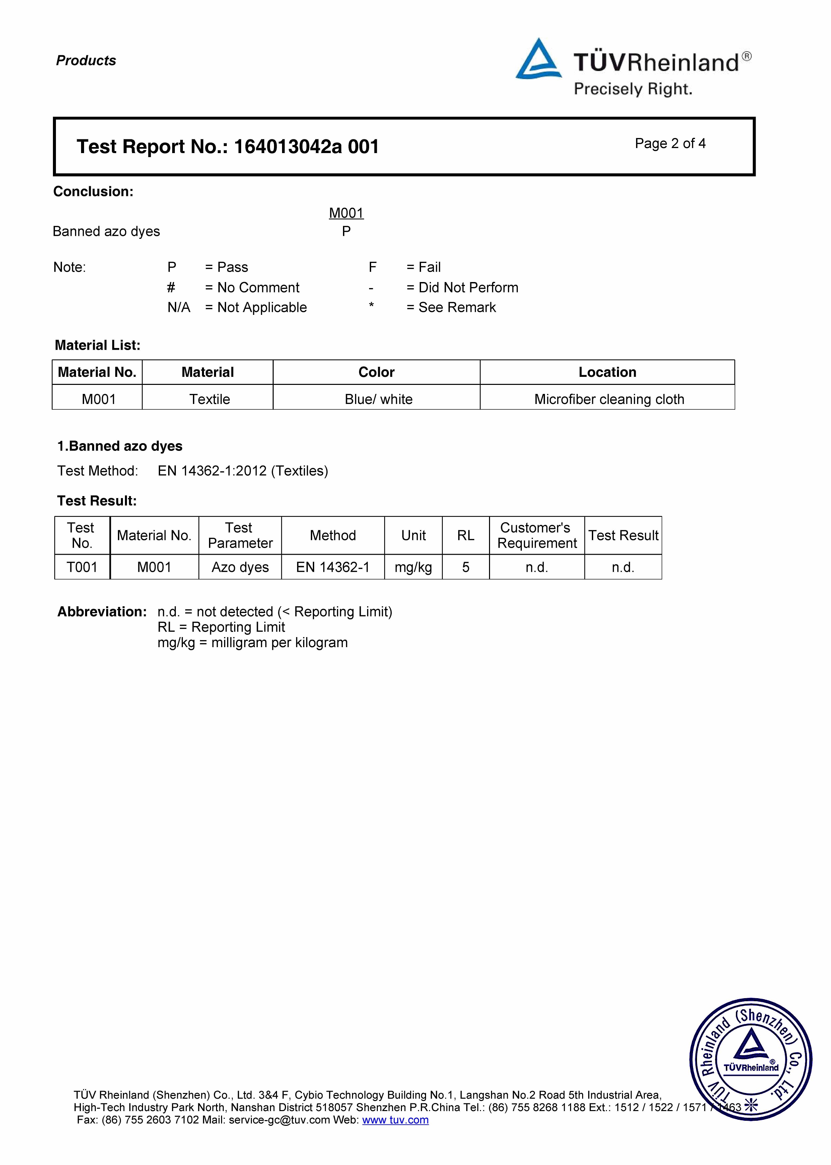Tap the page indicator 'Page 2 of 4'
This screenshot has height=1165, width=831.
pos(670,144)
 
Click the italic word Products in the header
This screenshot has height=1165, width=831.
pos(86,60)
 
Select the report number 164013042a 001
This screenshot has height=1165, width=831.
pos(306,147)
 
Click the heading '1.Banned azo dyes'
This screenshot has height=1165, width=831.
pos(120,446)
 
